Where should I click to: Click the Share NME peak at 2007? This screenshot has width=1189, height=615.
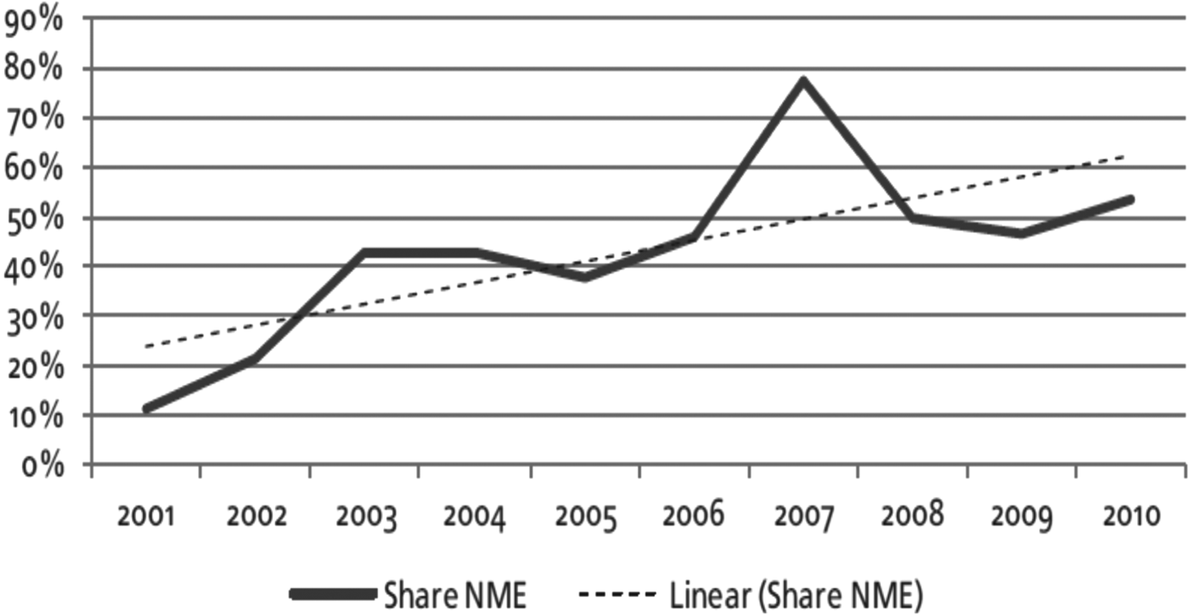click(803, 81)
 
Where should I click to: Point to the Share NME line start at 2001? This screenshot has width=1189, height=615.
click(148, 409)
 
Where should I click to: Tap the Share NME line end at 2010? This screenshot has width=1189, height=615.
click(1130, 200)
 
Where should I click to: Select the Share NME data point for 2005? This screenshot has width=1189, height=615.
click(584, 277)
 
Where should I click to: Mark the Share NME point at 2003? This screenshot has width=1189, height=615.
click(366, 252)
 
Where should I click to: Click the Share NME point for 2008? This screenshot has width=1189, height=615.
click(911, 218)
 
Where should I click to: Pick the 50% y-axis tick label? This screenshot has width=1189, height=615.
click(34, 218)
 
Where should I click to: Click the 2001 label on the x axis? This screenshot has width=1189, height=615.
click(147, 516)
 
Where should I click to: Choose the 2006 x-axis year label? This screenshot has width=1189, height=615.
click(693, 516)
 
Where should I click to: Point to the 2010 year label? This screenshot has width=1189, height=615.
click(1130, 516)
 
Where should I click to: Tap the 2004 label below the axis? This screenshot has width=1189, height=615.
click(475, 516)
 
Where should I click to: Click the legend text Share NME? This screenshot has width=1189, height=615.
click(454, 595)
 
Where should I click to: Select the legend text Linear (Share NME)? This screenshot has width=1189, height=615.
click(795, 595)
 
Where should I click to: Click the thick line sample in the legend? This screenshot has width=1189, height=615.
click(332, 595)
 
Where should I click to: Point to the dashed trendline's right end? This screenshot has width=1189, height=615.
click(1124, 156)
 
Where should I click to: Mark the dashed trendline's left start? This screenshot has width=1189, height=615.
click(147, 346)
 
